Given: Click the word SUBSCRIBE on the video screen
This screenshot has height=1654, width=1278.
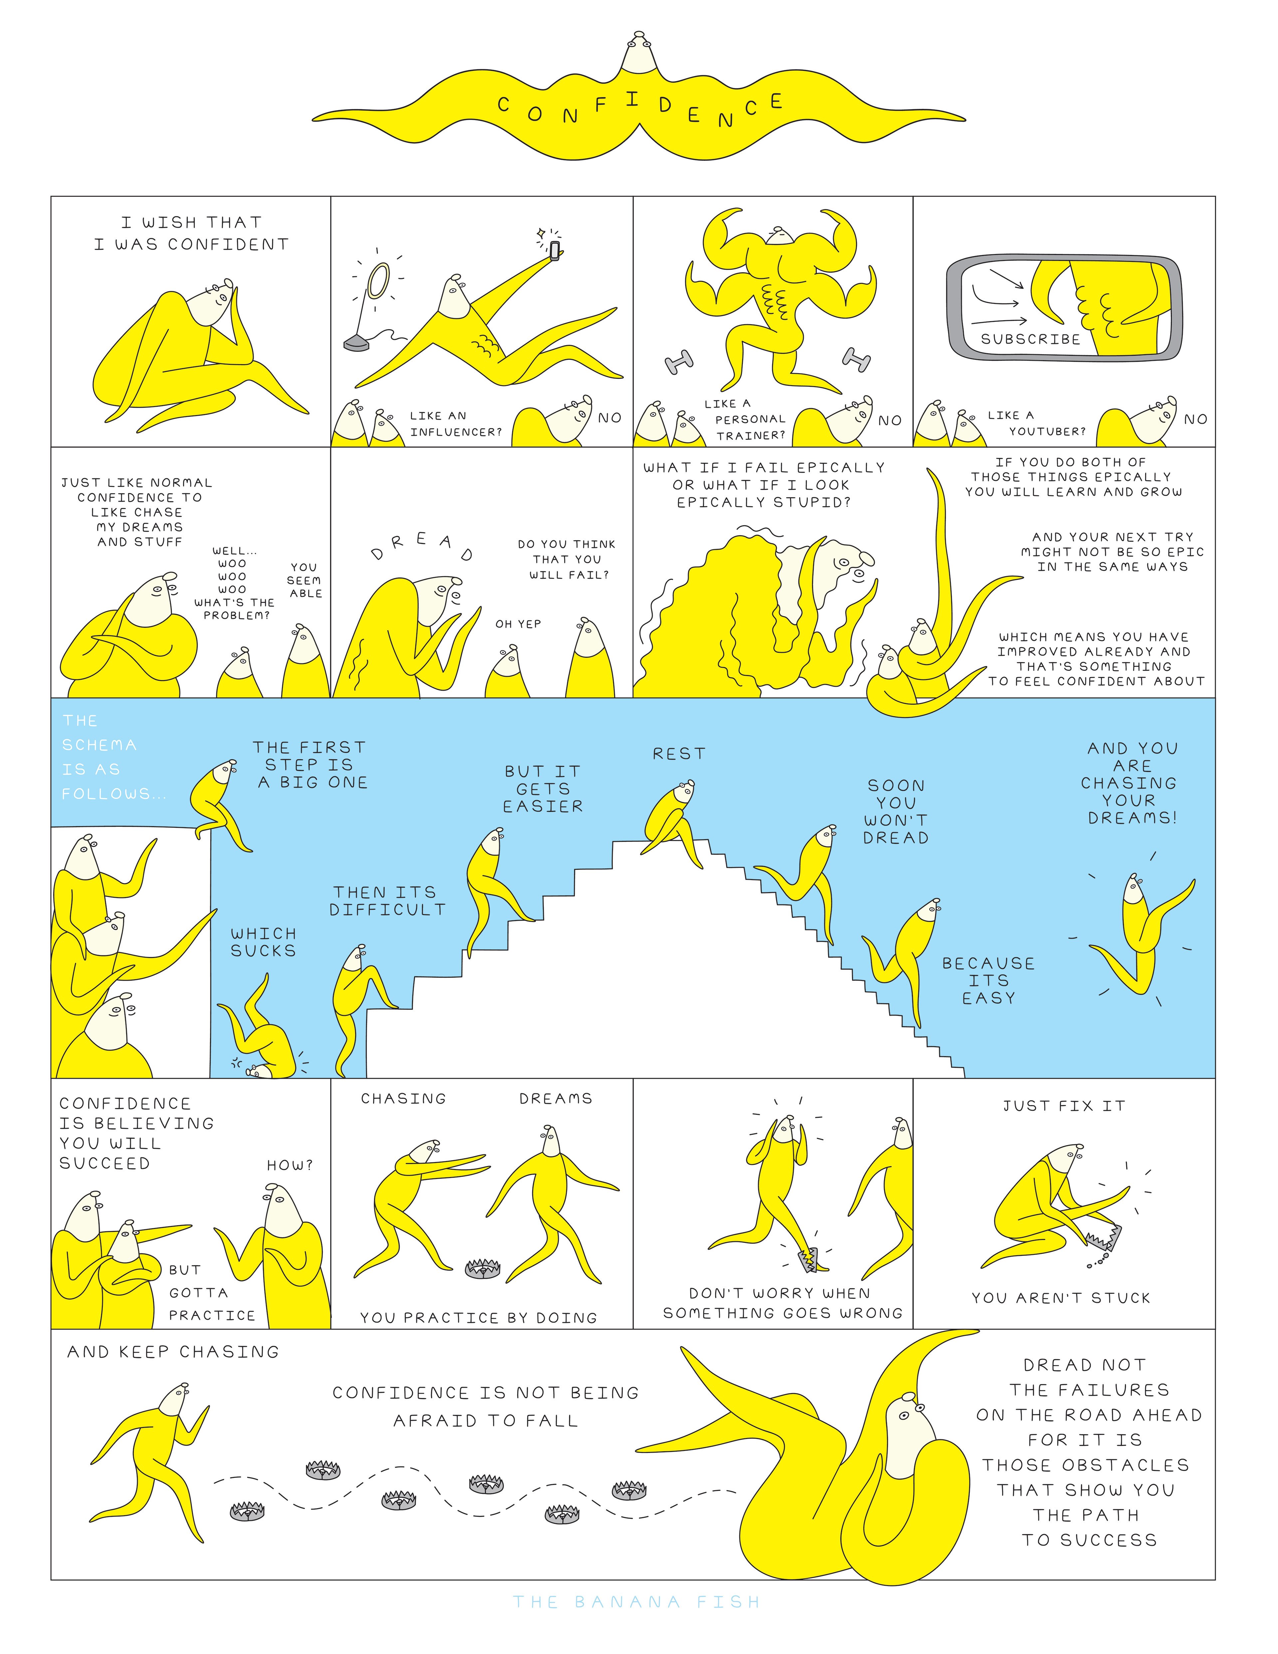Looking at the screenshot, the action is click(x=1030, y=339).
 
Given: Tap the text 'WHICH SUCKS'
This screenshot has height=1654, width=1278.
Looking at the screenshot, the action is click(x=263, y=942).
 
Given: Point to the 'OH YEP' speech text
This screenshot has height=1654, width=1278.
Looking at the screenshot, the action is click(x=518, y=624).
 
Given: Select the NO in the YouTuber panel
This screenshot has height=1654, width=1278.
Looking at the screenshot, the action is click(x=1195, y=419).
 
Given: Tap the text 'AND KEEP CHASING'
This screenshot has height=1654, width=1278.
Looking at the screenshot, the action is click(x=173, y=1352).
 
